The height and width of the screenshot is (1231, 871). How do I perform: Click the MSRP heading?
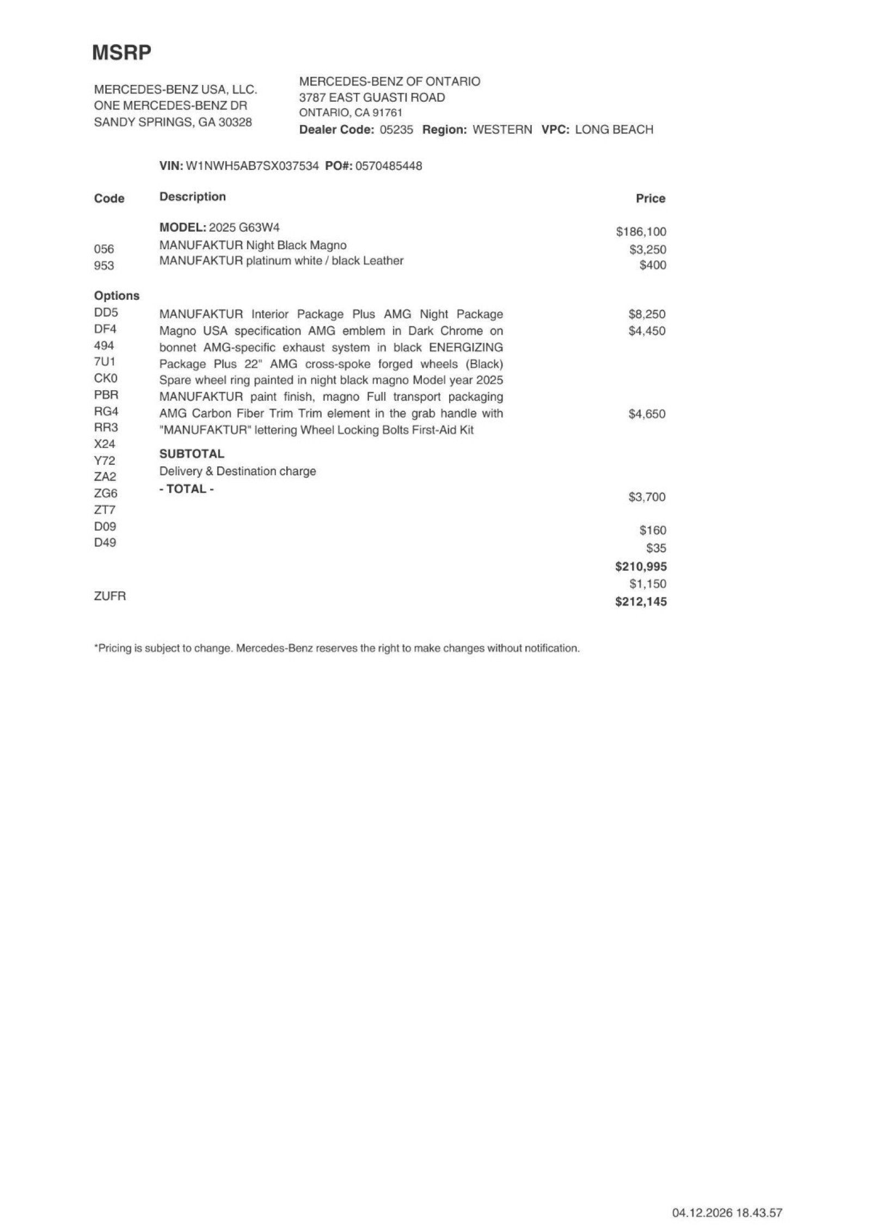pos(121,53)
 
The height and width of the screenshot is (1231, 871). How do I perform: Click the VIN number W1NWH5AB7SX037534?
pos(252,166)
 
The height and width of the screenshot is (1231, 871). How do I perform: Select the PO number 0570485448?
pos(388,166)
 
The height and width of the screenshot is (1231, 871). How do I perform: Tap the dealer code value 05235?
pos(396,130)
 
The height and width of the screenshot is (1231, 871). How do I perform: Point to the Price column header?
pos(650,199)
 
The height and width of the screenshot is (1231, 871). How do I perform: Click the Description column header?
pos(192,197)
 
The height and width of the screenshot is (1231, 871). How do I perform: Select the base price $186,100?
pos(641,232)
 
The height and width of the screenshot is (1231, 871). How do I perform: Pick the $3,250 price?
pos(647,250)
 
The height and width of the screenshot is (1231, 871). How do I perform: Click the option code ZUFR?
pos(110,596)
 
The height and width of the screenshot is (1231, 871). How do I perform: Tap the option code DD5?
pos(106,313)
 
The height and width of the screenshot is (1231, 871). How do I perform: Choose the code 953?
pos(104,266)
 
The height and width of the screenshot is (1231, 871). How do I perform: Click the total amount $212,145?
pos(641,602)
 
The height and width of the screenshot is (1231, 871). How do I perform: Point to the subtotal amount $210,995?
pos(641,567)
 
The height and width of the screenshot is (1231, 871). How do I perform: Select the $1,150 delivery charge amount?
pos(648,584)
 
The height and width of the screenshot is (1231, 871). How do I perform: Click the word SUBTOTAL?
pos(192,454)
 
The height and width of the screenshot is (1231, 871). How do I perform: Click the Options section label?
pos(116,296)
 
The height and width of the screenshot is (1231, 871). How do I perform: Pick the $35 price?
pos(656,548)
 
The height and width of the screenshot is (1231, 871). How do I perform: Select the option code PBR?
pos(106,395)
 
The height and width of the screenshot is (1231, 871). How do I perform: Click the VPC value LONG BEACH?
pos(614,130)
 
